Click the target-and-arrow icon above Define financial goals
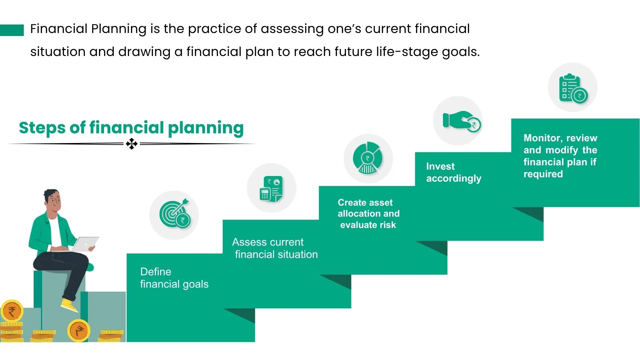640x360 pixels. point(175,214)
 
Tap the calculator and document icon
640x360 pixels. point(271,189)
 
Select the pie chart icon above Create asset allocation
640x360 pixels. point(368,158)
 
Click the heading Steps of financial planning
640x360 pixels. point(131,128)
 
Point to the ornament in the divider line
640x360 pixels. point(132,144)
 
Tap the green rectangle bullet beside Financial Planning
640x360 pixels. point(12,30)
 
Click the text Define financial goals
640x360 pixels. point(174,278)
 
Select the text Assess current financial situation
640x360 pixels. point(275,248)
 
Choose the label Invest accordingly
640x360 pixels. point(454,172)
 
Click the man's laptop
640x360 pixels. point(86,244)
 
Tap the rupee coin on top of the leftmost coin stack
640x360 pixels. point(12,311)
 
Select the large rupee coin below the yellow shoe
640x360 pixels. point(79,331)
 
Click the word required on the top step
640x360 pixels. point(543,174)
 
